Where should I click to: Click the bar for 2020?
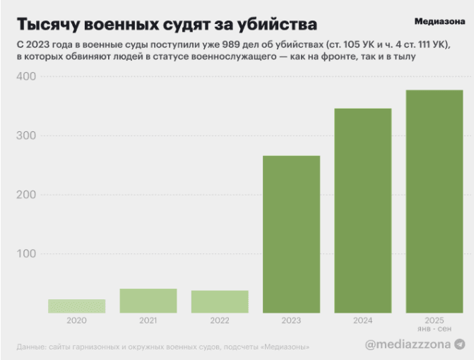76,306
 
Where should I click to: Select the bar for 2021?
148,301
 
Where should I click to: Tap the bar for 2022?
220,301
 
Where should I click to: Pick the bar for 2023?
291,234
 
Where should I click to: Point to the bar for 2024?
362,210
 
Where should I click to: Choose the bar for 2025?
434,201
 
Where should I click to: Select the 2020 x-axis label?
76,320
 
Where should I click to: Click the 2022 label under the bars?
220,320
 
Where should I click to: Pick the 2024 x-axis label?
362,320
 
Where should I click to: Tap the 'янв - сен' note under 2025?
434,330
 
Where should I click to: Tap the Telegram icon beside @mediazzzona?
460,344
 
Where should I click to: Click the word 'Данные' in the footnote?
32,346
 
